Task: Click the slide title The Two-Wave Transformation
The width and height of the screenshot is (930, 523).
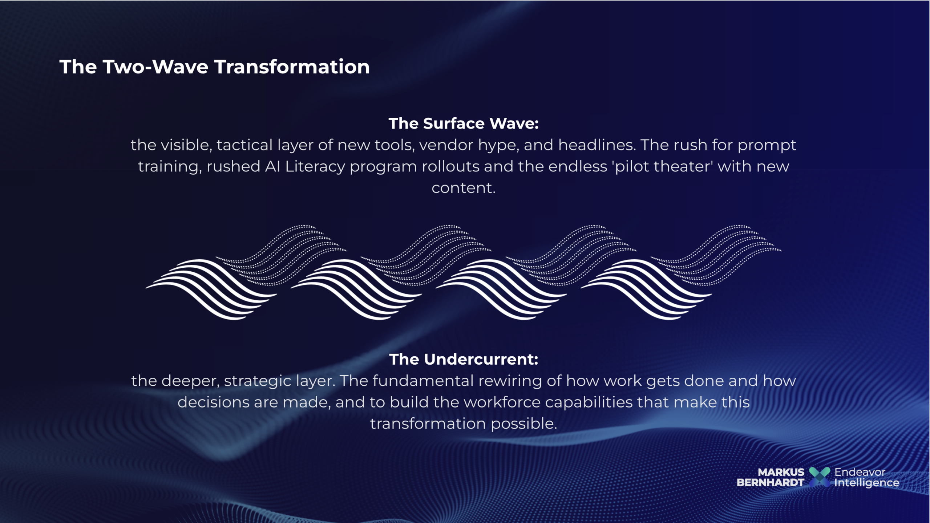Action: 214,67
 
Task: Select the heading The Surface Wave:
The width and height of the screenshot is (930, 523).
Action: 464,124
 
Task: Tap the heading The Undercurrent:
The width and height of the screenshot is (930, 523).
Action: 464,360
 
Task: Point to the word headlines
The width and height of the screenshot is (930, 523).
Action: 597,145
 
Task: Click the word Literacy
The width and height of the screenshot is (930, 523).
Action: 315,167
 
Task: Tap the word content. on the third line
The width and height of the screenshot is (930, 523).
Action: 464,188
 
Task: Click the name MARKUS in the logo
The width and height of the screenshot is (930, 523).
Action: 781,472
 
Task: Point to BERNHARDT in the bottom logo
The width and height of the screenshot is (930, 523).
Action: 770,483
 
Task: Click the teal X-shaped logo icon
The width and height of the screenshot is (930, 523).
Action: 820,477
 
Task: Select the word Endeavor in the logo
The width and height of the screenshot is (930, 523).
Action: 860,472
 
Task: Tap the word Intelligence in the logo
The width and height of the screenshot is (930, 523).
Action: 867,483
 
